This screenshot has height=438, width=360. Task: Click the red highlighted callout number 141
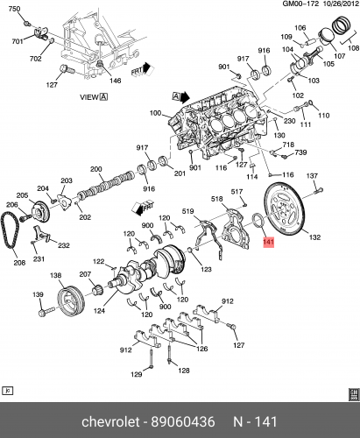[269, 242]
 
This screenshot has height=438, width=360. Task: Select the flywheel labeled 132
[284, 208]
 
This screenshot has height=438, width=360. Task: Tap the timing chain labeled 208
[11, 230]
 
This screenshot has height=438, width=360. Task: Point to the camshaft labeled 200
[106, 185]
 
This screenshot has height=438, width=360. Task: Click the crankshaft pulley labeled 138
[71, 302]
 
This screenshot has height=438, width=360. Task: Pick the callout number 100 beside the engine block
[155, 113]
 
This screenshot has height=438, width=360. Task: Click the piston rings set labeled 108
[343, 25]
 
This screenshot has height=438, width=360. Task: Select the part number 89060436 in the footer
[183, 422]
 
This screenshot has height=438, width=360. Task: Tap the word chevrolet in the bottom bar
[110, 422]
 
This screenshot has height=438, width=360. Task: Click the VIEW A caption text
[94, 97]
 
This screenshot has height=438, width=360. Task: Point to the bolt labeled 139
[47, 311]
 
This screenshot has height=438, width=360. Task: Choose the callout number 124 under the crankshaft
[99, 311]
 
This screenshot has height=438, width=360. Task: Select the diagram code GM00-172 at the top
[300, 4]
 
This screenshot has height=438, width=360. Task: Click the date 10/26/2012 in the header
[341, 4]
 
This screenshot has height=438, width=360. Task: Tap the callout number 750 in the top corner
[15, 9]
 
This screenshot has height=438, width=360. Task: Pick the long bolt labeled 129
[151, 359]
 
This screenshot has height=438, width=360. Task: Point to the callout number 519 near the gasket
[187, 210]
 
